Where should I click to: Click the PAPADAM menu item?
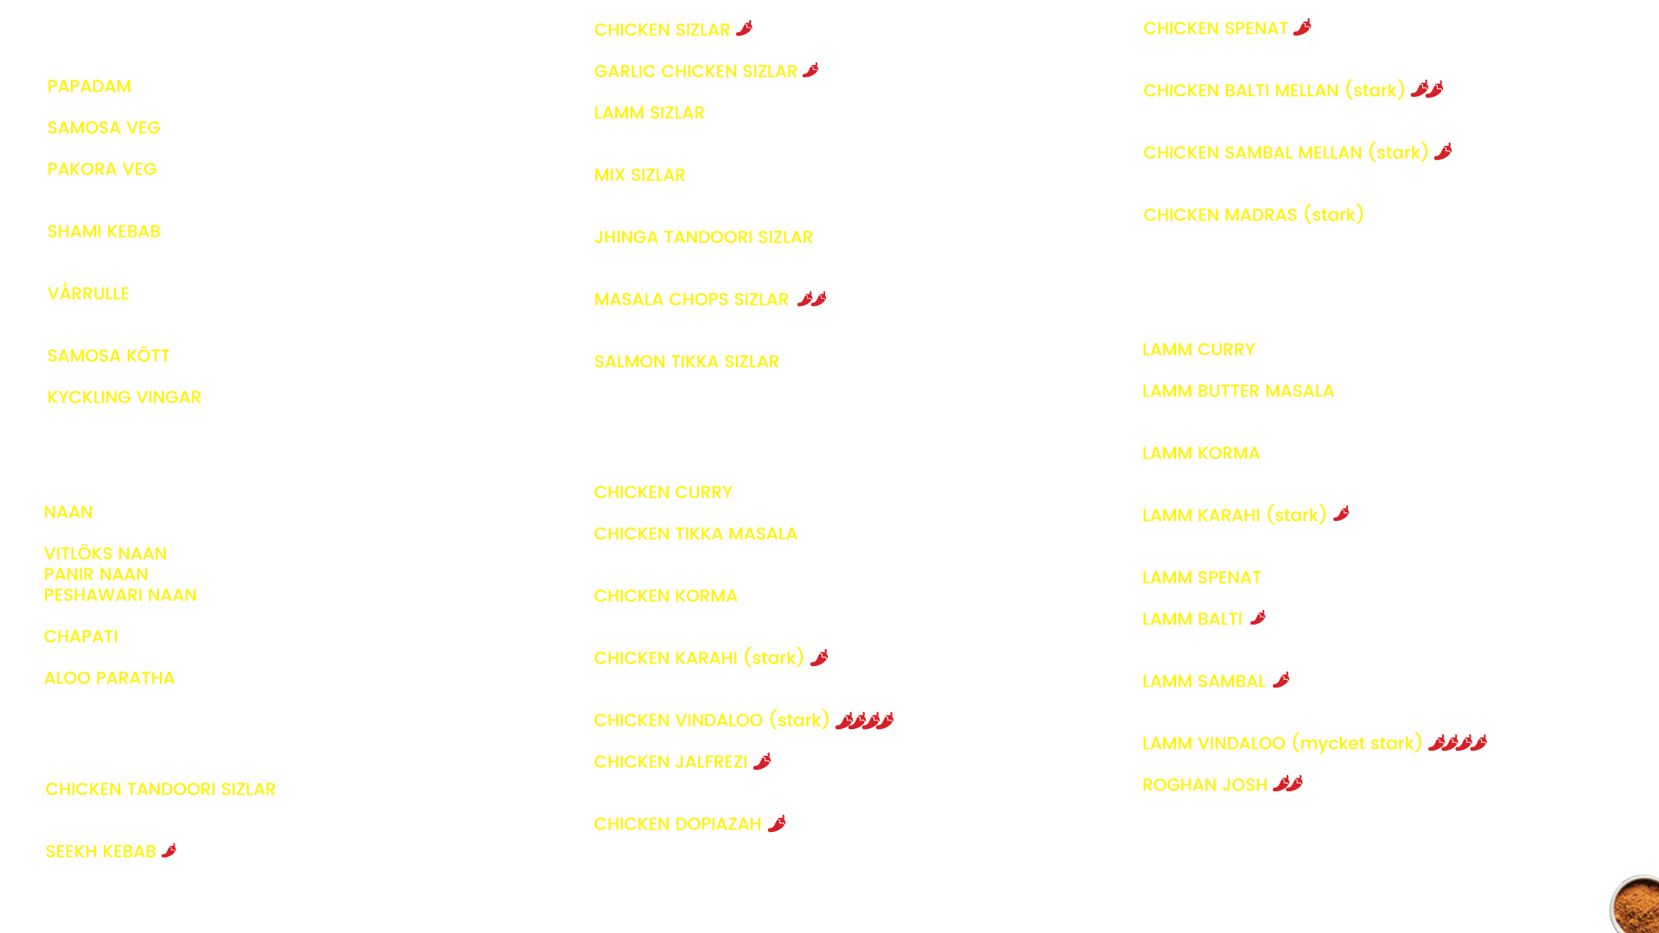89,86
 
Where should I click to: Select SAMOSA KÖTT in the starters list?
109,355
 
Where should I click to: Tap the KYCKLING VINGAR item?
124,397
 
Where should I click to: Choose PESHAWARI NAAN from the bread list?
120,595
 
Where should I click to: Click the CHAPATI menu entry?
81,637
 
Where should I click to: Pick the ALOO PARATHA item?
110,678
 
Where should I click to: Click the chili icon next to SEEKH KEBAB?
169,851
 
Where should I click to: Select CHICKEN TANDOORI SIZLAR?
161,790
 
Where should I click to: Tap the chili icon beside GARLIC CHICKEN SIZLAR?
810,70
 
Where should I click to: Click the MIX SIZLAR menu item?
640,175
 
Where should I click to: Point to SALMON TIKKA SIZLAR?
687,362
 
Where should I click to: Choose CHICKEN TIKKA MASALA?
696,534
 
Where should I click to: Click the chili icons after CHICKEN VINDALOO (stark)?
865,720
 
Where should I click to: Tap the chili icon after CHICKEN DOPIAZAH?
777,823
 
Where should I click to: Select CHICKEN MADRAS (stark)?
1254,214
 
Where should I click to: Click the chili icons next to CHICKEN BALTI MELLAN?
1427,89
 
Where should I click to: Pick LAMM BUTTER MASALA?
1238,391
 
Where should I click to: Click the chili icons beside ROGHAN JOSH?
1287,784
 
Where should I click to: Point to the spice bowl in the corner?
1636,905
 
